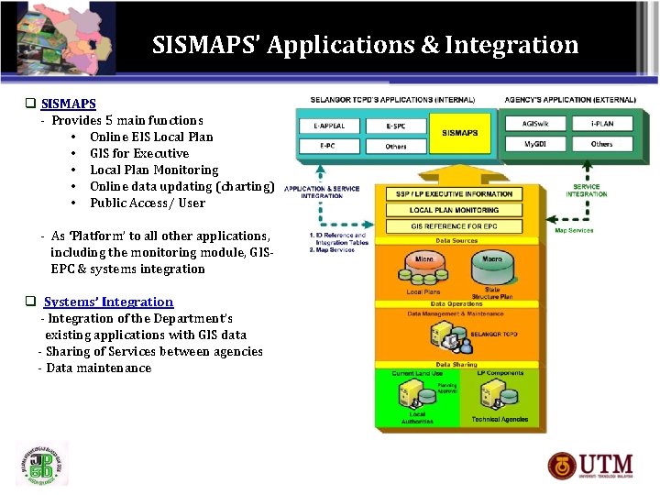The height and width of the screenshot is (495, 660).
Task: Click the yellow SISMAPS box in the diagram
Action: coord(459,134)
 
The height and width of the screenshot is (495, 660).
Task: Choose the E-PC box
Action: coord(329,145)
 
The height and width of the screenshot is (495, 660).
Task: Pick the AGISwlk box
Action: coord(535,124)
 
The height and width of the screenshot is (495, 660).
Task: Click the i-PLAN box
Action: coord(601,124)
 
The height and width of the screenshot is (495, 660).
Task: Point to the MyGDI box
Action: coord(535,145)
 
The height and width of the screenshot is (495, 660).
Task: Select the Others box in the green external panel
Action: coord(601,145)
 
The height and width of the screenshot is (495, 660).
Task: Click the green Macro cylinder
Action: coord(491,267)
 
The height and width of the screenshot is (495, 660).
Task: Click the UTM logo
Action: coord(601,466)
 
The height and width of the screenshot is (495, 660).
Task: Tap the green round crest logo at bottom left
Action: coord(41,463)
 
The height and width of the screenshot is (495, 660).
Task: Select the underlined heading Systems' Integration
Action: coord(108,302)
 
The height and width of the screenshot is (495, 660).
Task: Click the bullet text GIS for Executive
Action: coord(139,153)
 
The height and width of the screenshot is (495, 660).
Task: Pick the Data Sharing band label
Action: coord(456,364)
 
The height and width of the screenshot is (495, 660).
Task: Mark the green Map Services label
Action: coord(574,230)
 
